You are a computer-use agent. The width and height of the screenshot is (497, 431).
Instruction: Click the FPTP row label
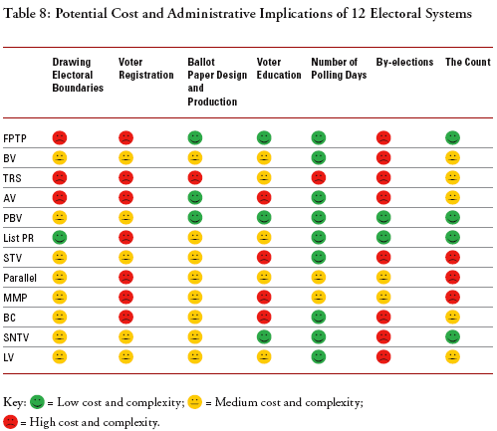click(15, 137)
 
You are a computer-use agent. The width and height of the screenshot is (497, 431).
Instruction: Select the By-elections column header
click(404, 62)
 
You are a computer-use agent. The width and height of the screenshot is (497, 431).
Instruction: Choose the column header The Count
click(467, 62)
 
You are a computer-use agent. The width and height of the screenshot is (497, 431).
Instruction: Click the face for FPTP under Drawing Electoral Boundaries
click(60, 137)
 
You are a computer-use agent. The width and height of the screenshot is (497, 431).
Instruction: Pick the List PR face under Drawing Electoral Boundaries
click(60, 237)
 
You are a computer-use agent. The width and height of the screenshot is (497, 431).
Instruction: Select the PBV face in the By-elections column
click(383, 217)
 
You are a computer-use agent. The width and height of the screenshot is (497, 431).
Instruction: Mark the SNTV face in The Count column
click(452, 336)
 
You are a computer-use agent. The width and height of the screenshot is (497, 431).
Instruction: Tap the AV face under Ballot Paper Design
click(195, 197)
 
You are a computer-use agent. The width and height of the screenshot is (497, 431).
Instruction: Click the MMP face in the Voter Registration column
click(126, 297)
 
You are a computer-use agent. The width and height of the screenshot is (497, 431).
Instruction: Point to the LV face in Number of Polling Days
click(319, 356)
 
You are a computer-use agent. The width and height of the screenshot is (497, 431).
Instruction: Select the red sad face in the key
click(10, 422)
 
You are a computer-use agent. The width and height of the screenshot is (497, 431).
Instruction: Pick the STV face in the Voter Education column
click(264, 257)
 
